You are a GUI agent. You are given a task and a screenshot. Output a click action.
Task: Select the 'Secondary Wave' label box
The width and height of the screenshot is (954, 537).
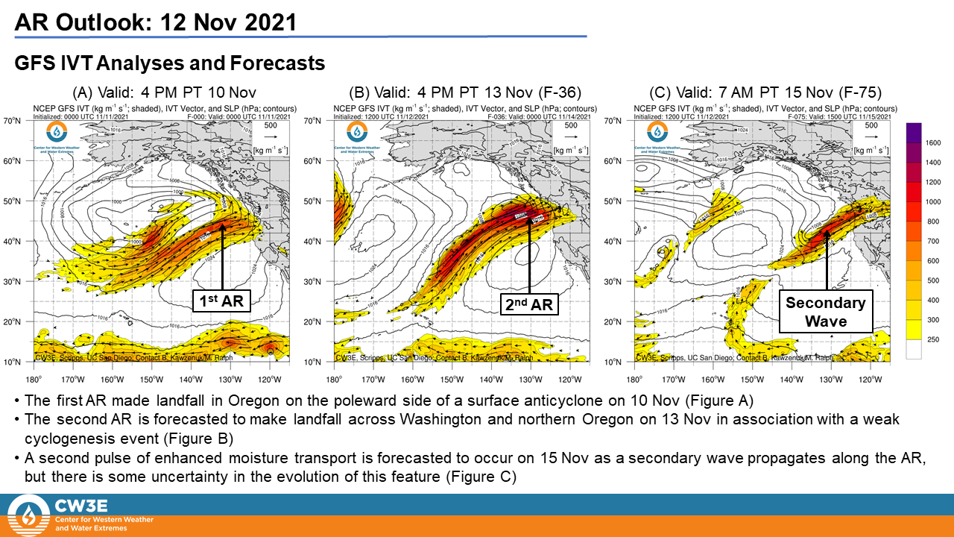[x=827, y=312]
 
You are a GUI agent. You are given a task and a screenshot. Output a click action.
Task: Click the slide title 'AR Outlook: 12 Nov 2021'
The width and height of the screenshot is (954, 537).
[x=155, y=22]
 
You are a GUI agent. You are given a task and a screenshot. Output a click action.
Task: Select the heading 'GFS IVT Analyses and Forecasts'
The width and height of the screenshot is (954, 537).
[x=170, y=63]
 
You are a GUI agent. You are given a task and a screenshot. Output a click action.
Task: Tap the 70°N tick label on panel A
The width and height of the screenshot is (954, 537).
[x=22, y=121]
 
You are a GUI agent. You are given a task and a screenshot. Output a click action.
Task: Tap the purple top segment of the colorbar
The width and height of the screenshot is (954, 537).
[x=915, y=132]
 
